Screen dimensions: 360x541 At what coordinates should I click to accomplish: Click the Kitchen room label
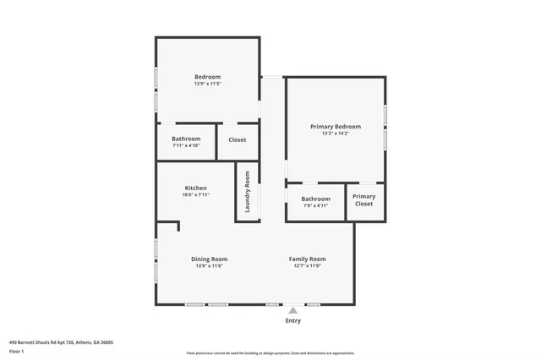coord(195,188)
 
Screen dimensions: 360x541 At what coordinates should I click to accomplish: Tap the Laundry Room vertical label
coord(248,191)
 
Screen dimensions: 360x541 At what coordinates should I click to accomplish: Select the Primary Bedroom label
coord(335,127)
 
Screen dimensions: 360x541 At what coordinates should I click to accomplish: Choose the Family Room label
coord(307,259)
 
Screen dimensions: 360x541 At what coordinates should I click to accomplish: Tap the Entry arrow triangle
coord(292,310)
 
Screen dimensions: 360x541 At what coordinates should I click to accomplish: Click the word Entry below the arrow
coord(292,321)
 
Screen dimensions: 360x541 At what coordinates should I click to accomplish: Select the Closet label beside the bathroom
coord(238,139)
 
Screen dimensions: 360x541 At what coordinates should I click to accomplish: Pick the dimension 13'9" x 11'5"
coord(207,84)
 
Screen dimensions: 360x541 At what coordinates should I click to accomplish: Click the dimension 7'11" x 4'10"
coord(186,145)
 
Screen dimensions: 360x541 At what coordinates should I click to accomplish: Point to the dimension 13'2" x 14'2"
coord(335,134)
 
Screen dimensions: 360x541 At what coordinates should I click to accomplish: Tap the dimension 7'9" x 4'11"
coord(315,205)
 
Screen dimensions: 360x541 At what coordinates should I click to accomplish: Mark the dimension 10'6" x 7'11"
coord(195,194)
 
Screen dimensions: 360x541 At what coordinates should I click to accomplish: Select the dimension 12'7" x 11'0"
coord(307,265)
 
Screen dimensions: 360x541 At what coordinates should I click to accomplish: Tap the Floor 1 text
coord(16,350)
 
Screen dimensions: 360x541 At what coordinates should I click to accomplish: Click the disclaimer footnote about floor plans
coord(270,352)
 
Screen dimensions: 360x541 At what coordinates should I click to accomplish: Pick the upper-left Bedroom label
coord(207,77)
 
